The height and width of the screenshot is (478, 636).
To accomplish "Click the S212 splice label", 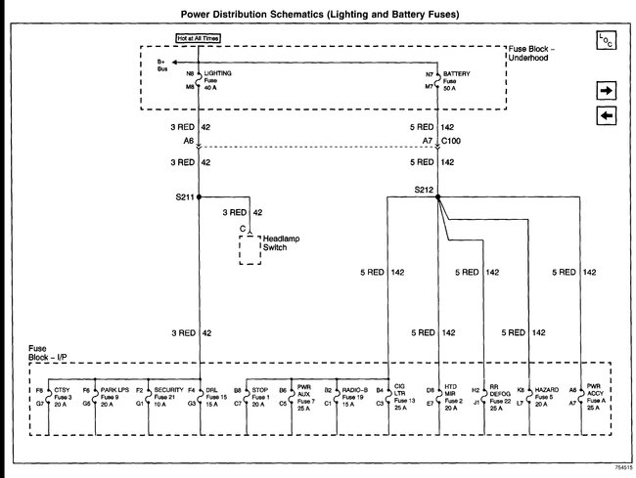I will pyautogui.click(x=423, y=188).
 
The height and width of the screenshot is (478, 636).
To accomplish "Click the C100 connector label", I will pyautogui.click(x=452, y=141).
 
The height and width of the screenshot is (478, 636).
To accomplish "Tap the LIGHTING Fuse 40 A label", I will pyautogui.click(x=217, y=78).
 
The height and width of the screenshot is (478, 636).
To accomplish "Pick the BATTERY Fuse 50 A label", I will pyautogui.click(x=456, y=78).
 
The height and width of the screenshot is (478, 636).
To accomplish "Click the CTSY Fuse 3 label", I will pyautogui.click(x=61, y=395).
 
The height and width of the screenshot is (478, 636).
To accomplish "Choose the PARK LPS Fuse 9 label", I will pyautogui.click(x=115, y=395).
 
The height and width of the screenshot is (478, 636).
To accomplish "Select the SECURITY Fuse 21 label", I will pyautogui.click(x=168, y=395).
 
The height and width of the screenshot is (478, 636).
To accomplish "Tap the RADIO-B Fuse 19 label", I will pyautogui.click(x=353, y=395).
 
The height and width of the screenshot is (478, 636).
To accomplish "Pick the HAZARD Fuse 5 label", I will pyautogui.click(x=546, y=395).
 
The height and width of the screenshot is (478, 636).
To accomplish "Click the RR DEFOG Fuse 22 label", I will pyautogui.click(x=500, y=395).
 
